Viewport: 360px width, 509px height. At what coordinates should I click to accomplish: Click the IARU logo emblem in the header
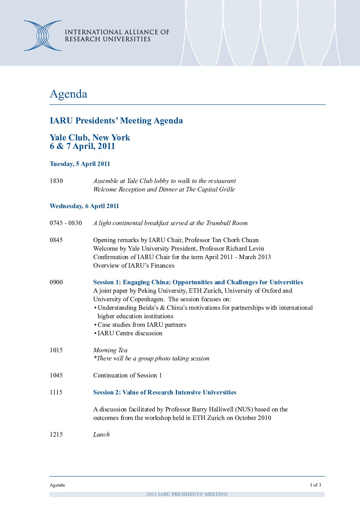43,36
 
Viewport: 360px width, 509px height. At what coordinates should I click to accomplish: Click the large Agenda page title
68,94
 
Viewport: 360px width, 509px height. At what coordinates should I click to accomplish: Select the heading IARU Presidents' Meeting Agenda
116,121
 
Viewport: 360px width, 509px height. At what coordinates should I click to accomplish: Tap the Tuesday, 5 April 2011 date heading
80,164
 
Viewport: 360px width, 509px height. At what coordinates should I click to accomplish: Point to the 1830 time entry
56,181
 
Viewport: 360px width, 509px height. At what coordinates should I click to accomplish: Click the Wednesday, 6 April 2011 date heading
84,206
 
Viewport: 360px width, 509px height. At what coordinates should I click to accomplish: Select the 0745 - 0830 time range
66,223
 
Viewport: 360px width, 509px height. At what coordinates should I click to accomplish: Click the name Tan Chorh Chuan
235,240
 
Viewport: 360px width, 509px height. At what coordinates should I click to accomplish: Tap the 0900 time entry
56,282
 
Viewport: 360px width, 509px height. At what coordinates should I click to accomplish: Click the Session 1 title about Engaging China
198,282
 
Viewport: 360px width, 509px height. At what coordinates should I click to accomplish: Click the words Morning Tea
110,350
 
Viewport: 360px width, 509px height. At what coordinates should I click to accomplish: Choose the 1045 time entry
56,375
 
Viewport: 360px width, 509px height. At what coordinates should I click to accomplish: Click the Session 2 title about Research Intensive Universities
165,392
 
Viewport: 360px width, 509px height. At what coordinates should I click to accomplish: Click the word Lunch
101,435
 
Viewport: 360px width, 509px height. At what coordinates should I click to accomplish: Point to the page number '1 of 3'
315,485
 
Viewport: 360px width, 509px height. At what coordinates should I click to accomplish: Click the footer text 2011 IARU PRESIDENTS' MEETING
187,494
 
